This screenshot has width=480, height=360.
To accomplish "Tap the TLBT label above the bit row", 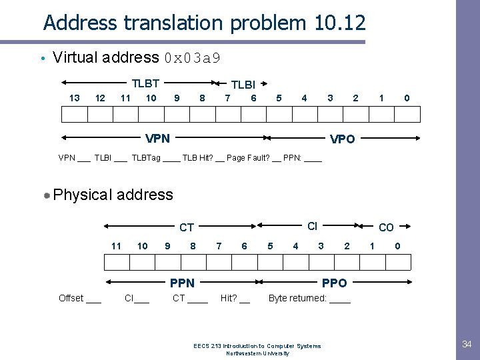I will [x=145, y=83].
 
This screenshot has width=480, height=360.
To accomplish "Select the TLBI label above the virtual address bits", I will [x=243, y=85].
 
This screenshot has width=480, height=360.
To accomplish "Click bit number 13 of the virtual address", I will [x=75, y=98].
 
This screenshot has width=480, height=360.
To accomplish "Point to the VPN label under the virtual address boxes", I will [x=157, y=139].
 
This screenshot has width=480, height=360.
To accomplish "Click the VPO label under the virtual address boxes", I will [x=343, y=139].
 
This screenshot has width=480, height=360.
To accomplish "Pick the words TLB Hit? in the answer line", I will [x=198, y=158].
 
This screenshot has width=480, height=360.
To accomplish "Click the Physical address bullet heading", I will [x=113, y=195].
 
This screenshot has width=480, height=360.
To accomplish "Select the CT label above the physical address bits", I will [x=187, y=228].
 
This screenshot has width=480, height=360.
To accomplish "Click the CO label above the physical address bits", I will [x=386, y=228].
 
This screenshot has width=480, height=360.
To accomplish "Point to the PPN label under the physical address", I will [x=182, y=283].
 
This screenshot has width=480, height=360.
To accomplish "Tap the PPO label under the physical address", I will [x=334, y=283].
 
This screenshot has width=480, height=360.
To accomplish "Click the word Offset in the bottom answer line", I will [x=71, y=298].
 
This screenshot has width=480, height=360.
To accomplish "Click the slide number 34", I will [x=467, y=344].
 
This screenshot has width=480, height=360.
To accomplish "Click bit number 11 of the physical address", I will [x=116, y=246].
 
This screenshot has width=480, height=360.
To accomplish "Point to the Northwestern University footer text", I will [x=257, y=353].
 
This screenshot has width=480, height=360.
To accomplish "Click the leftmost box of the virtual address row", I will [x=75, y=115].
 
